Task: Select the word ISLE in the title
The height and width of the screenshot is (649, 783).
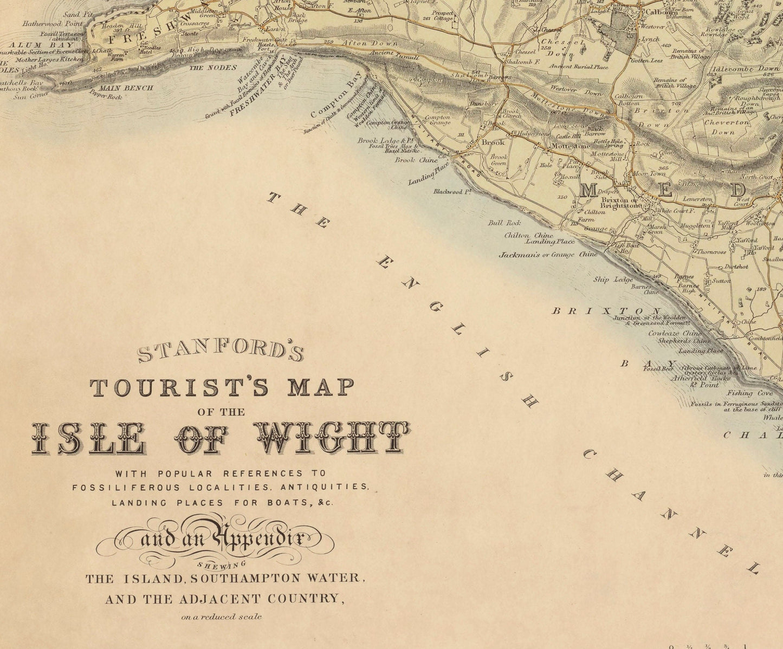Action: click(x=87, y=438)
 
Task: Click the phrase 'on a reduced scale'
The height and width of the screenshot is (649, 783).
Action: click(x=222, y=616)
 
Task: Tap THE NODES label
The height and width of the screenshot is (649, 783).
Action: click(x=212, y=68)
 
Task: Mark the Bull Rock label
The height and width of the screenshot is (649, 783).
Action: click(x=504, y=223)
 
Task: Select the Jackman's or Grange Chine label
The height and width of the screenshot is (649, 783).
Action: click(x=548, y=254)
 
